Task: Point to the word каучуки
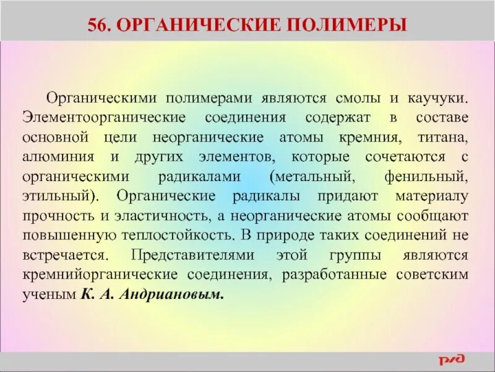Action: [x=441, y=99]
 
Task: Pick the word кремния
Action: [x=365, y=136]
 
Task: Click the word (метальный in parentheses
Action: [x=312, y=177]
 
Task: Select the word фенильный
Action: [x=431, y=177]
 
